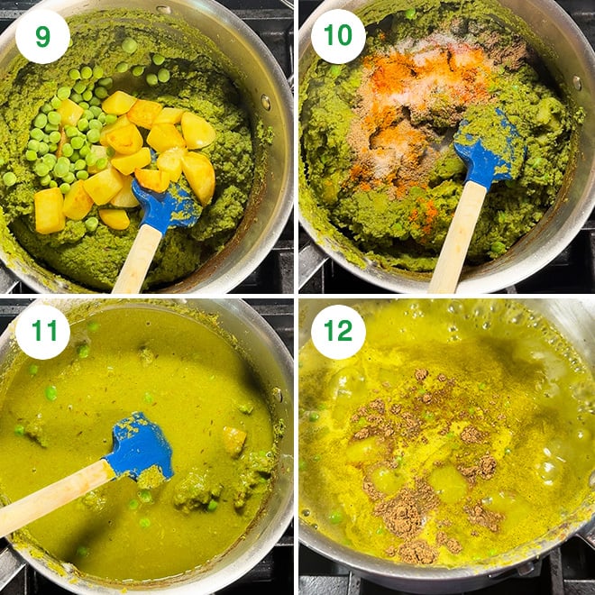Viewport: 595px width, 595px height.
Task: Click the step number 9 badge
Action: click(41, 37)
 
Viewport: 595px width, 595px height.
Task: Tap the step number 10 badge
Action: click(338, 37)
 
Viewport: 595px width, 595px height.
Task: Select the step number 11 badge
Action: click(41, 332)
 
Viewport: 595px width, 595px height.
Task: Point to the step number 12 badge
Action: click(338, 332)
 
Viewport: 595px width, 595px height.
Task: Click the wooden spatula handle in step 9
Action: click(136, 261)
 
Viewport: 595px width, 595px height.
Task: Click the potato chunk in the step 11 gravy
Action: click(233, 440)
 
